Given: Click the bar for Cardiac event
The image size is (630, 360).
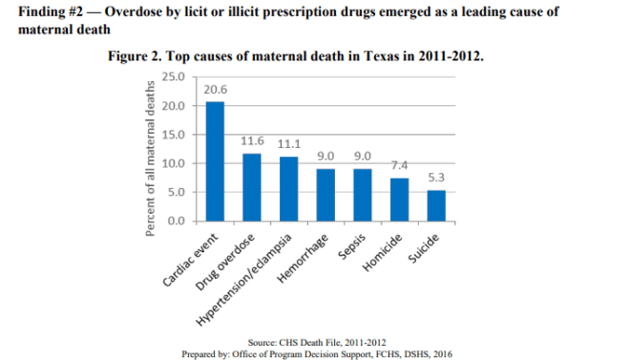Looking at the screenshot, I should (216, 161).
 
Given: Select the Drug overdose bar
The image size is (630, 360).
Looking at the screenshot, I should (252, 187).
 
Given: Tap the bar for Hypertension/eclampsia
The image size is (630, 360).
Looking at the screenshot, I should (288, 189).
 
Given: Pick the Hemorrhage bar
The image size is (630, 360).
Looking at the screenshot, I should (325, 195).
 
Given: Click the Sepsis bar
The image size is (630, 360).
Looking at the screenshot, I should (362, 195).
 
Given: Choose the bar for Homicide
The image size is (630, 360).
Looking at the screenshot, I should (399, 200).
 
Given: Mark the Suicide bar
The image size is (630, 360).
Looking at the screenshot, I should (435, 205).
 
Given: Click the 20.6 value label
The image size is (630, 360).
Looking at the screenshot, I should (216, 89).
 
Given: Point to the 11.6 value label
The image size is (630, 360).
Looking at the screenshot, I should (252, 141).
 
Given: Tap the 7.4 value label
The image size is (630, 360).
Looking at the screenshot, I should (399, 165).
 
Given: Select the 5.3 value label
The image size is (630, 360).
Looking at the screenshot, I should (435, 178).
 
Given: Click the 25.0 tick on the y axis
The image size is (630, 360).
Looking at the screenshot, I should (175, 75).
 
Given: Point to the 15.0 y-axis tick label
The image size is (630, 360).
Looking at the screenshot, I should (175, 134).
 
